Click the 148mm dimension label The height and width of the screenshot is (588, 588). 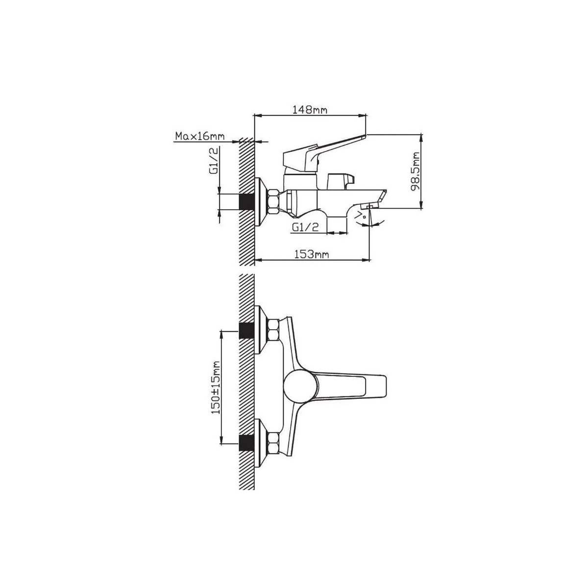click(310, 110)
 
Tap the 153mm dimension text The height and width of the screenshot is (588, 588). click(311, 254)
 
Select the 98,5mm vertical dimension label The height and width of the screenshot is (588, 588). click(415, 171)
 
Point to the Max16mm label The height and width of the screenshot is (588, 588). click(200, 136)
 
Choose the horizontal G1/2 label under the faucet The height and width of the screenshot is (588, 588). click(305, 227)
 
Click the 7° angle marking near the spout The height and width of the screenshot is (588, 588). click(363, 217)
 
